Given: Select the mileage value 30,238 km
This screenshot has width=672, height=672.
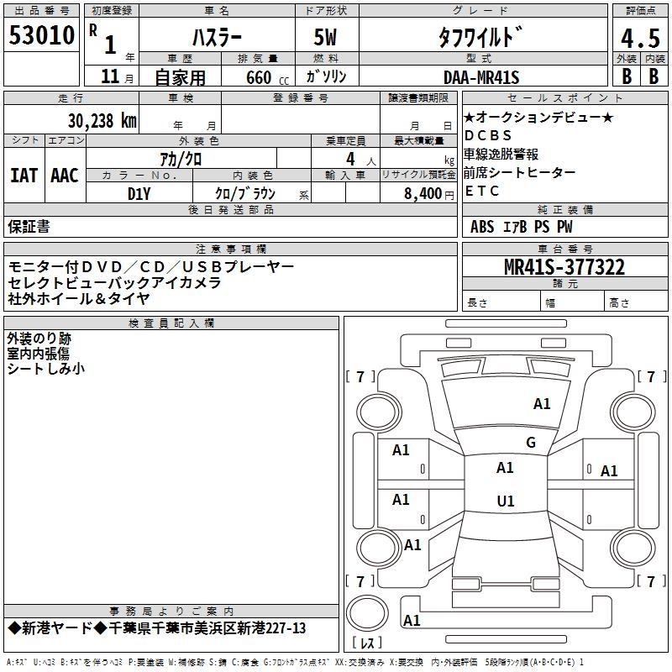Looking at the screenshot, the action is point(102,120).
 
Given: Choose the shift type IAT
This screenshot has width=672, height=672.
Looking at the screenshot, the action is point(24,176).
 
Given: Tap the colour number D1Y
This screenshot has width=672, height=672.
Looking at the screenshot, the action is point(139,192).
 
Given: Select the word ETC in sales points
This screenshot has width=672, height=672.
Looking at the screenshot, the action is point(482,191).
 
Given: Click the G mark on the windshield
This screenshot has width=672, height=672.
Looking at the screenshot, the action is point(531,443).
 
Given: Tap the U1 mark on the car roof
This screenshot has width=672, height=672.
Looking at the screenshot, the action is point(506,501).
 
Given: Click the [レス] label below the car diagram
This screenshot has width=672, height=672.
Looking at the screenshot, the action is point(368,644).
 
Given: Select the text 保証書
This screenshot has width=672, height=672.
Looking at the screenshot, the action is point(29,226).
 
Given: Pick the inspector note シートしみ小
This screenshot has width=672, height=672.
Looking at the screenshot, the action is point(46,369).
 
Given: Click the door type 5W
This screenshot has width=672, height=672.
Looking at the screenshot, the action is point(327,38).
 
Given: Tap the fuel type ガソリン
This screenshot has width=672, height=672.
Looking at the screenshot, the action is point(327,77).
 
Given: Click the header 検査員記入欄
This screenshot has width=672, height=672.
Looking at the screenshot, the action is point(171,323).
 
